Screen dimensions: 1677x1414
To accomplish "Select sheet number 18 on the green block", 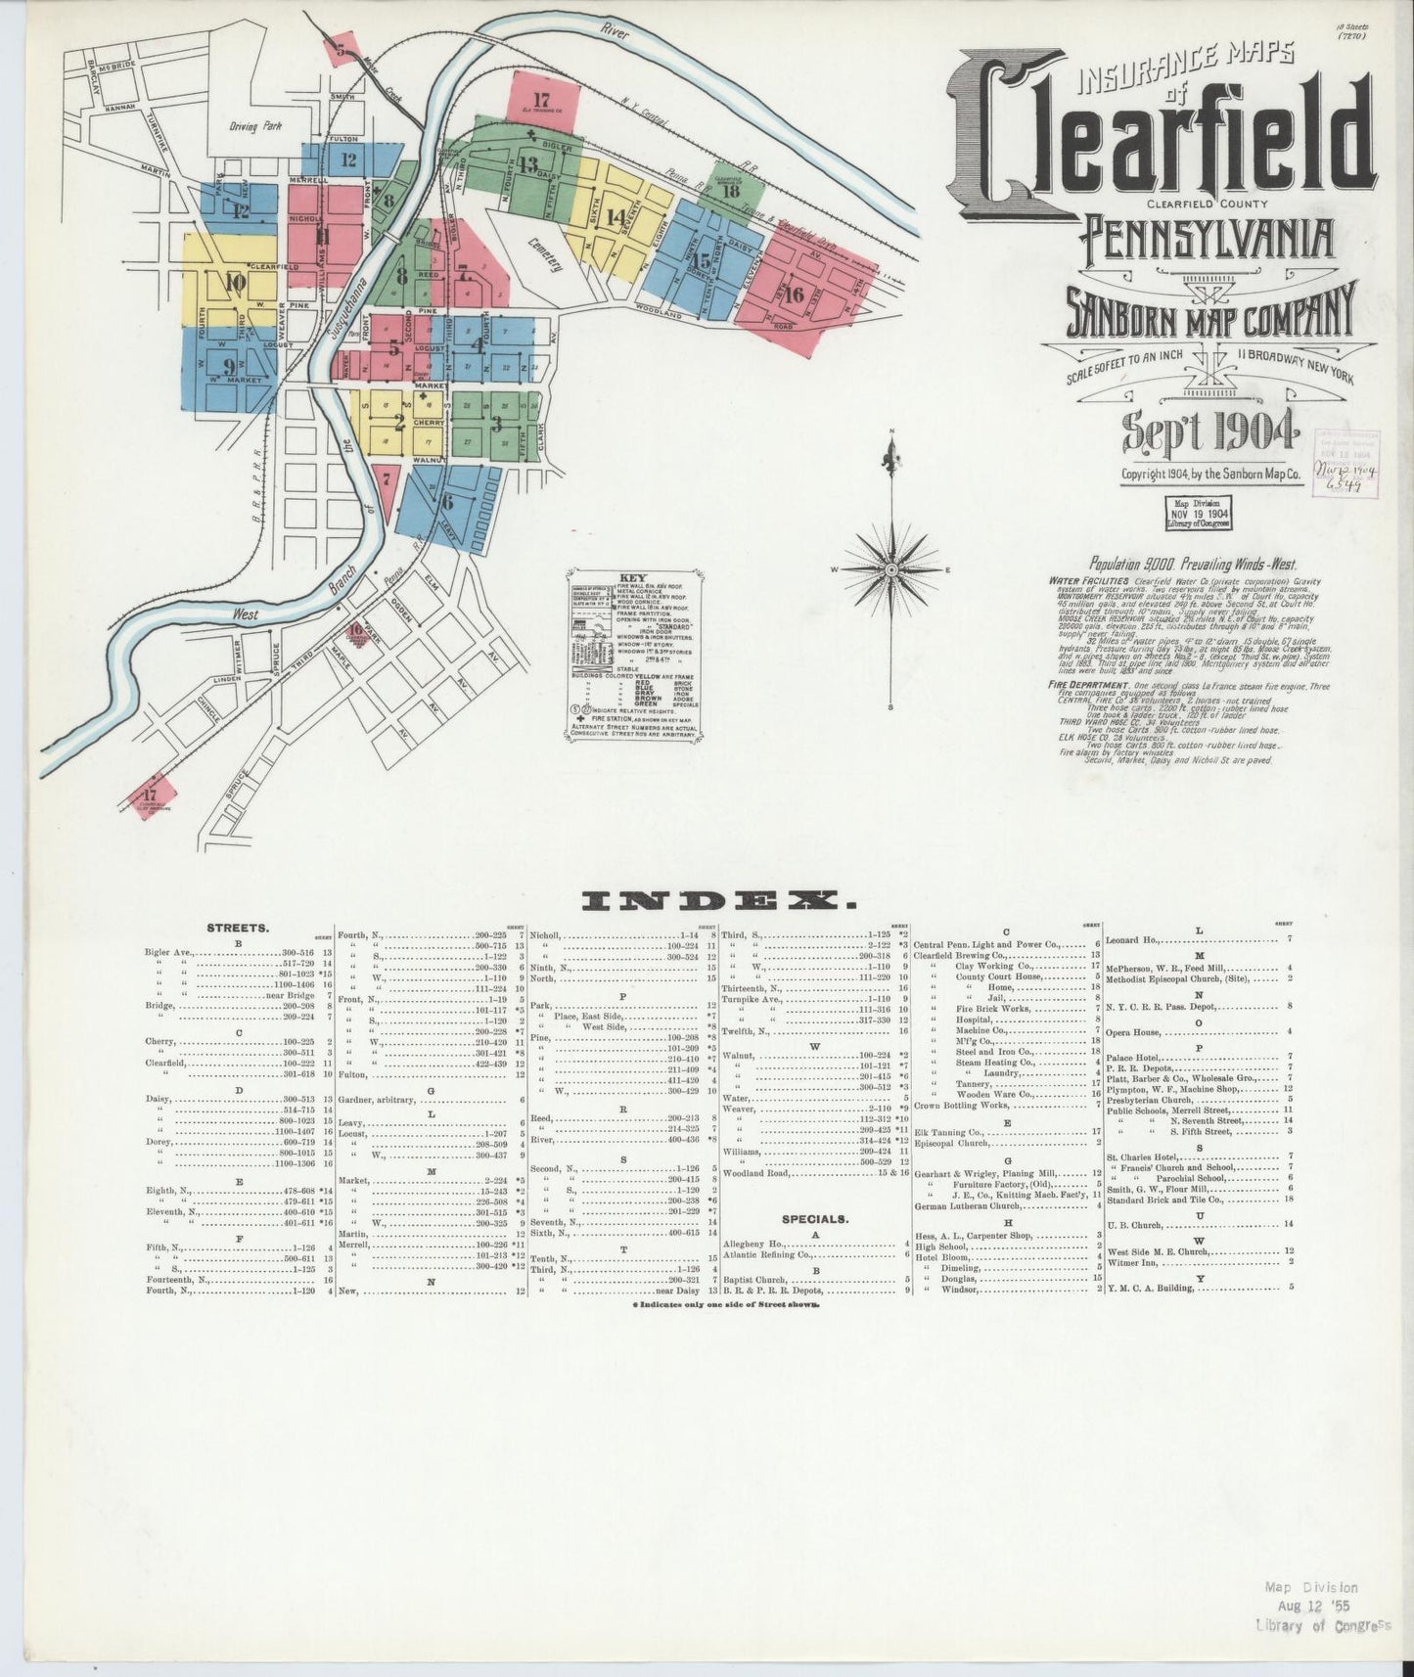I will (x=729, y=192).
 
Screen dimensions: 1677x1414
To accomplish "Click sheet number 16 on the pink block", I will (x=793, y=294).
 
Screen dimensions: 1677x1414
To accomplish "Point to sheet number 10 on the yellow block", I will (x=234, y=284).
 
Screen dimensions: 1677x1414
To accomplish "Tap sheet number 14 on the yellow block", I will (x=616, y=217).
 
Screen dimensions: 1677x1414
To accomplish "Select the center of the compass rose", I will (x=891, y=567).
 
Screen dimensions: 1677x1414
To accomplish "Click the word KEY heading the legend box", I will (x=633, y=578).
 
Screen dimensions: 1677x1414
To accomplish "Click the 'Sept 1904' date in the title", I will (x=1210, y=428).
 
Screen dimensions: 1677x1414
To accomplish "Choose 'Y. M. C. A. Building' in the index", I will (x=1150, y=1288).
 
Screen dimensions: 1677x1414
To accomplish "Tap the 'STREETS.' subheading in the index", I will (x=239, y=927).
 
